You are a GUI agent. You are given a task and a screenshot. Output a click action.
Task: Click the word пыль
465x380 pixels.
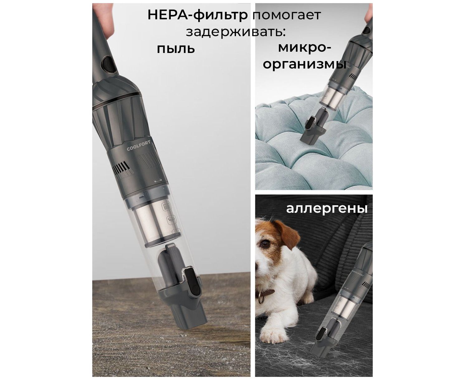pos(176,49)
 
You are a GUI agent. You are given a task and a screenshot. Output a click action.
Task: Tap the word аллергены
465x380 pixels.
pos(327,208)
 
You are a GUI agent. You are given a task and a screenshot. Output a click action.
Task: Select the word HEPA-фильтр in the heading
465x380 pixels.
pos(198,15)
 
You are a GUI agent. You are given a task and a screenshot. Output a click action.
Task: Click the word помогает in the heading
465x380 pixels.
pos(286,15)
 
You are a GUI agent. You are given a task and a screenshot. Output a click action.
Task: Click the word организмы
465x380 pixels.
pos(304,64)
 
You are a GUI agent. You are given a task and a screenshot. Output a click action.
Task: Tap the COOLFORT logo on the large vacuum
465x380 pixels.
pos(138,146)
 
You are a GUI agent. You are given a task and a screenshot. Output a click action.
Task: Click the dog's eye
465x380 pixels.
pos(265,244)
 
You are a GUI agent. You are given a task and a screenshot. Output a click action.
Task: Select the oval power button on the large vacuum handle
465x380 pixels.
pos(108,64)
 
